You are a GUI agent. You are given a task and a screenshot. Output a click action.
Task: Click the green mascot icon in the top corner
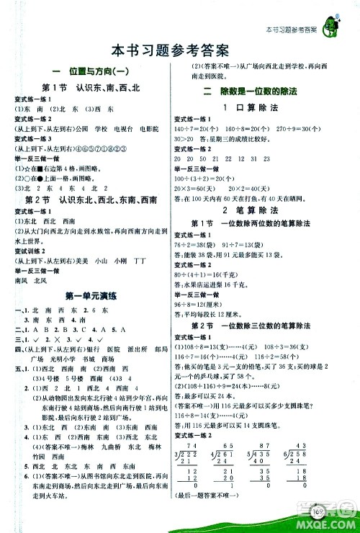334,17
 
